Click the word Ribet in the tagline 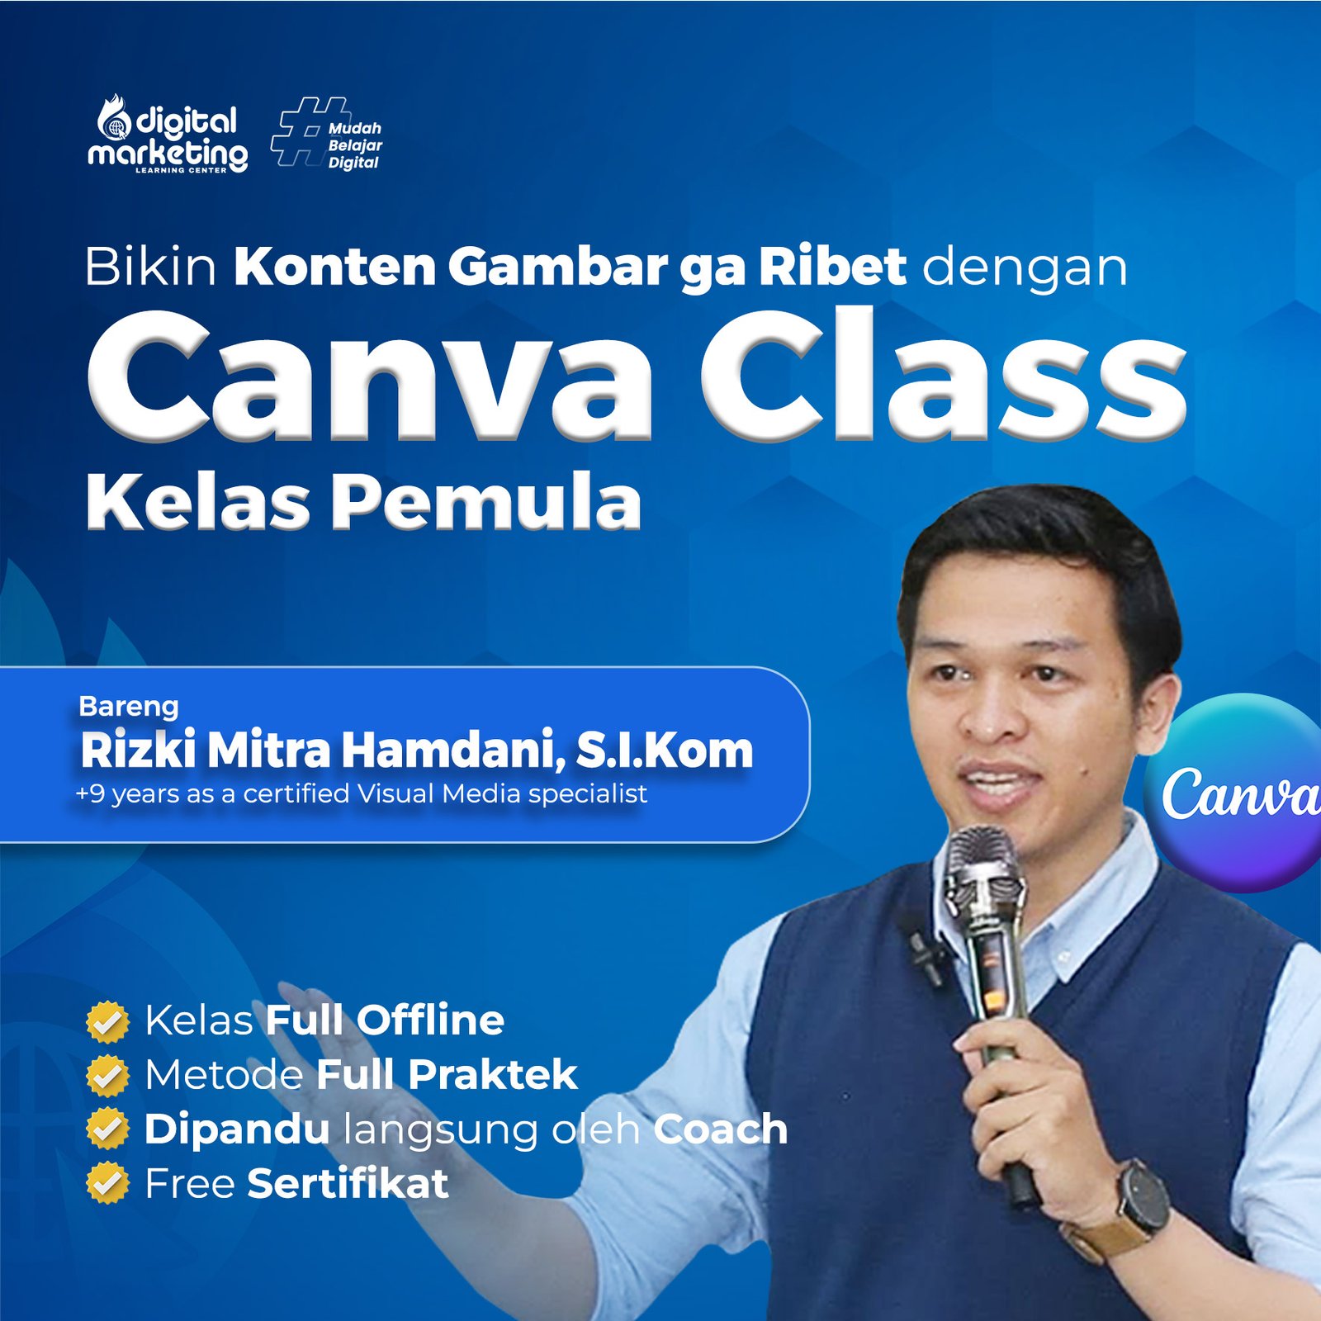tap(832, 267)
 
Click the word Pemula tap(487, 502)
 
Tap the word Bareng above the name tap(129, 706)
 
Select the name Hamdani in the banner tap(453, 750)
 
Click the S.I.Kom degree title tap(665, 750)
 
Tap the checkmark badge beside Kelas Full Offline tap(107, 1021)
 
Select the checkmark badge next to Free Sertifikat tap(107, 1183)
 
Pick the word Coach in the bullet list tap(720, 1129)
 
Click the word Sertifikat tap(348, 1183)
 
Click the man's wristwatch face tap(1144, 1197)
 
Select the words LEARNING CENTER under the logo tap(181, 170)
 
